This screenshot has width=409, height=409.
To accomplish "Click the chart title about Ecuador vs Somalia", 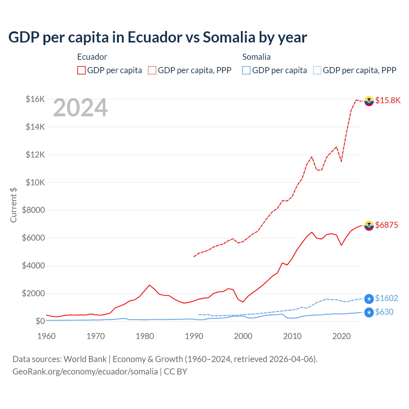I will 158,37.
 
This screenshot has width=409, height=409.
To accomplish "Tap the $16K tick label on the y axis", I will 35,99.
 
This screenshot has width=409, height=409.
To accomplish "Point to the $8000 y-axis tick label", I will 33,210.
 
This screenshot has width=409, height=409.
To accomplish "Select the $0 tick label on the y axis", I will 40,321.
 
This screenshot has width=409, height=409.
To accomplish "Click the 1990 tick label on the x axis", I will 194,336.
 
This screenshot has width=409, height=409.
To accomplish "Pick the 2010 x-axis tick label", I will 292,336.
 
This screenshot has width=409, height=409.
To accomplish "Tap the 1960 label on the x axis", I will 47,336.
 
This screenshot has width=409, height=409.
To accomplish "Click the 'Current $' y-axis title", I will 13,205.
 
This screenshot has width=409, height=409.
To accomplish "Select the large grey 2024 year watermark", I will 80,108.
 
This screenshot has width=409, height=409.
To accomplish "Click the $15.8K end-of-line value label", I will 388,101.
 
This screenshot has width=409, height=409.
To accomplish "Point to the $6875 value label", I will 387,225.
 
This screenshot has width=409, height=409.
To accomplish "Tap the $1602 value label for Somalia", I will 387,298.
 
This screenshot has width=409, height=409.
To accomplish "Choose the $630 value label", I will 384,312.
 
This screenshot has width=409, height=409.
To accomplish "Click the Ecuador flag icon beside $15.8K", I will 369,101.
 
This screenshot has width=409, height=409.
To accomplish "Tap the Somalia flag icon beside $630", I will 369,313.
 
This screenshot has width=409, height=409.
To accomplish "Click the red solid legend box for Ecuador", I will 81,70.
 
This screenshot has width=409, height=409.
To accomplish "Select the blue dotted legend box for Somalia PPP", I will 317,70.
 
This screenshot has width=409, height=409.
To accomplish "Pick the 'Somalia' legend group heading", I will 256,57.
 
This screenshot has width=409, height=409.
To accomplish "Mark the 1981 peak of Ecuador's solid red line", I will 150,285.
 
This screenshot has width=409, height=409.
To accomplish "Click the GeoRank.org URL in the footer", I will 85,372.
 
